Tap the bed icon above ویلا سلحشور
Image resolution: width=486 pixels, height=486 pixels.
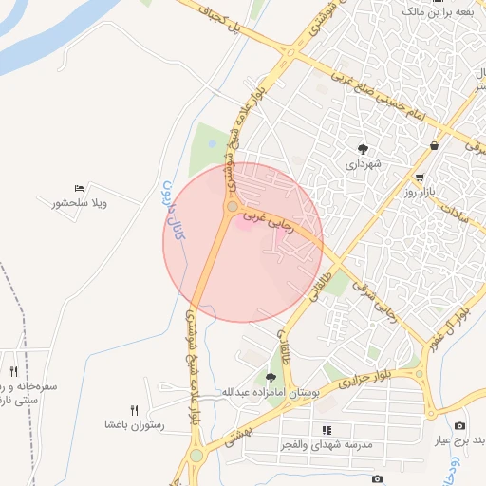pyautogui.click(x=78, y=188)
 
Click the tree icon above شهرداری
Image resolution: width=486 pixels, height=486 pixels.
pyautogui.click(x=364, y=148)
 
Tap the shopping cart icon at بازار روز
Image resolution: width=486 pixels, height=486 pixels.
pyautogui.click(x=419, y=178)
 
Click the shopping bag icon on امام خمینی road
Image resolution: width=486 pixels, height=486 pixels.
pyautogui.click(x=434, y=145)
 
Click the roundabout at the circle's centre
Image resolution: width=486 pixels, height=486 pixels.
pyautogui.click(x=232, y=206)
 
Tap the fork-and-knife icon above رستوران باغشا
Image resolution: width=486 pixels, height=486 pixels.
pyautogui.click(x=134, y=410)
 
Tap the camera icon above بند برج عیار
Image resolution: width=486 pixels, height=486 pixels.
pyautogui.click(x=460, y=425)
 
